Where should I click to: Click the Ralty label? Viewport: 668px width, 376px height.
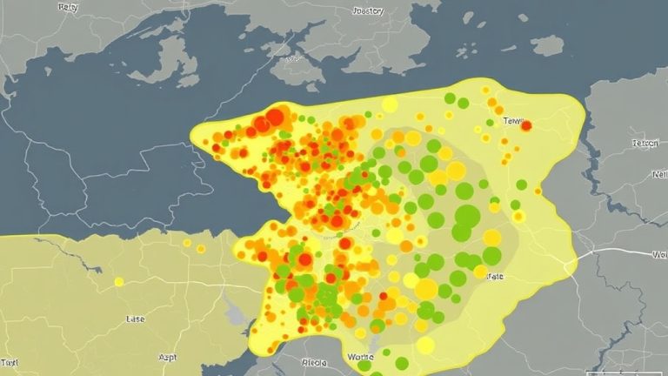point(67,7)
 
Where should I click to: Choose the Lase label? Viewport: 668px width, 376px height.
point(135,320)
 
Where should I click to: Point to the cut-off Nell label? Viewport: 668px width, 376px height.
point(658,173)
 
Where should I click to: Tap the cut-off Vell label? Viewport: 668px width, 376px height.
point(659,255)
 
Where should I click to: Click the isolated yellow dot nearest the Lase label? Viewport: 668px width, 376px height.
point(119,282)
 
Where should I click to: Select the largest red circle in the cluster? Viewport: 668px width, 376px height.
point(276,117)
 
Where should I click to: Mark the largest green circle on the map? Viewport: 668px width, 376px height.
point(467,215)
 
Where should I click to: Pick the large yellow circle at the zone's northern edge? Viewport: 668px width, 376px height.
point(390,105)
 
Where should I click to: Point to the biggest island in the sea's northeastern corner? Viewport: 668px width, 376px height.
point(546,44)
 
